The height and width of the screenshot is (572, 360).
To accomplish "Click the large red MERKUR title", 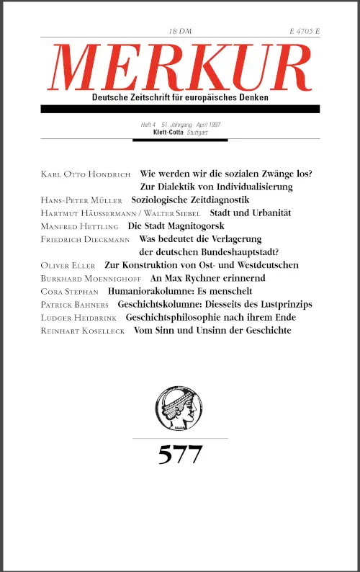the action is coord(180,68).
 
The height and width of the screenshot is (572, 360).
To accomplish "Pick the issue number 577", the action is coord(180,455).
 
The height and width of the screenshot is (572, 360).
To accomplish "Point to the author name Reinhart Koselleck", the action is coord(87,331).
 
